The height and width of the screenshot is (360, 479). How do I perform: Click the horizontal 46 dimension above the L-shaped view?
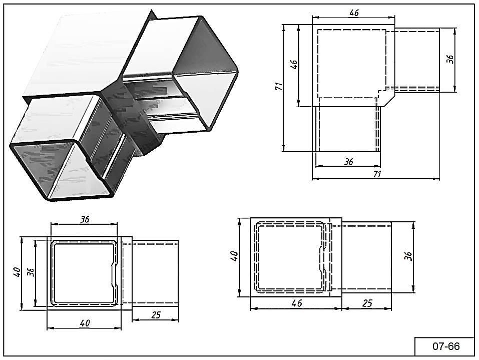tap(354, 13)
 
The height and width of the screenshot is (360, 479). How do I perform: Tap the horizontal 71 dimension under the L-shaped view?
tap(377, 174)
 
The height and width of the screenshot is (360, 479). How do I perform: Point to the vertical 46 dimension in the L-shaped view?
tap(294, 65)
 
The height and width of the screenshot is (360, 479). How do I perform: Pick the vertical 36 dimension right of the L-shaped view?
tap(450, 59)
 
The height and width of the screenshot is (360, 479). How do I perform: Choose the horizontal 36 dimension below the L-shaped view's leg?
tap(349, 162)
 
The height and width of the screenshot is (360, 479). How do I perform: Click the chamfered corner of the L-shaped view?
tap(387, 100)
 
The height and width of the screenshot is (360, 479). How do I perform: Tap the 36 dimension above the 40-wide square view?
tap(85, 219)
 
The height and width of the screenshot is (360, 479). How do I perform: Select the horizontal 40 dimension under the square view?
tap(85, 324)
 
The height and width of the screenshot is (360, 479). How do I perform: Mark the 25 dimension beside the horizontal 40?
tap(156, 315)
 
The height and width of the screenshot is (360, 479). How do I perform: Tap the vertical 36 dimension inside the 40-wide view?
tap(31, 272)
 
